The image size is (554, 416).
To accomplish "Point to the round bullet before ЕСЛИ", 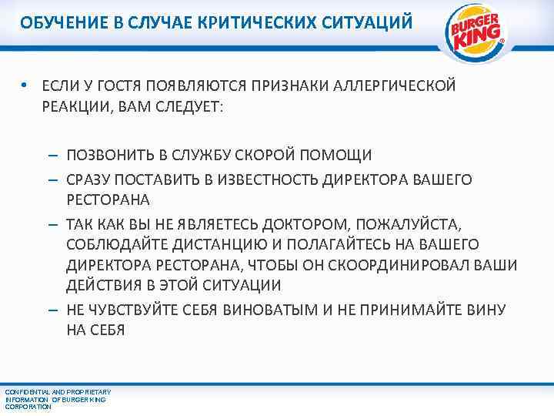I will (25, 86).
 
